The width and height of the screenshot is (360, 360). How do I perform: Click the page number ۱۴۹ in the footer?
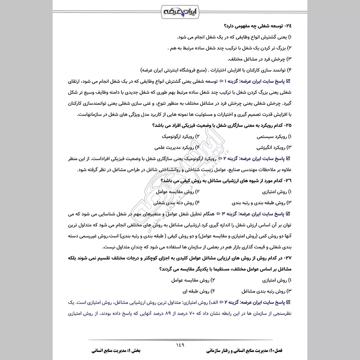pyautogui.click(x=180, y=345)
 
